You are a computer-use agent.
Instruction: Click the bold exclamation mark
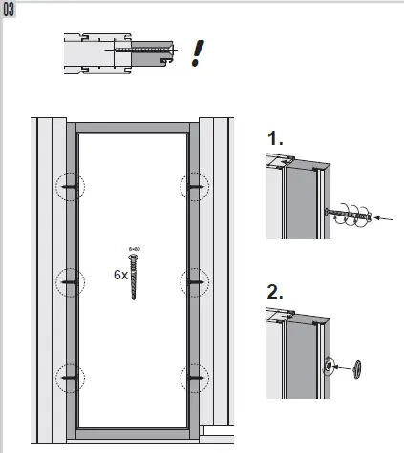[x=198, y=52]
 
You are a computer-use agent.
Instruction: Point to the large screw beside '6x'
[x=134, y=279]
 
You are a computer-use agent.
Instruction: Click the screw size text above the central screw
[x=134, y=249]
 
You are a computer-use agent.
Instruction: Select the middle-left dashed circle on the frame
[x=70, y=281]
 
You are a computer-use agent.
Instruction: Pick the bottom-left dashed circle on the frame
[x=70, y=377]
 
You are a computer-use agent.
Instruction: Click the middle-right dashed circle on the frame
[x=197, y=281]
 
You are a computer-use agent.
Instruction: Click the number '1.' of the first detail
[x=276, y=139]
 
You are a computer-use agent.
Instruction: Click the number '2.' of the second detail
[x=276, y=293]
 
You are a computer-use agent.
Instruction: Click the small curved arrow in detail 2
[x=344, y=365]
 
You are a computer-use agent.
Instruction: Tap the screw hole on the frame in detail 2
[x=328, y=363]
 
